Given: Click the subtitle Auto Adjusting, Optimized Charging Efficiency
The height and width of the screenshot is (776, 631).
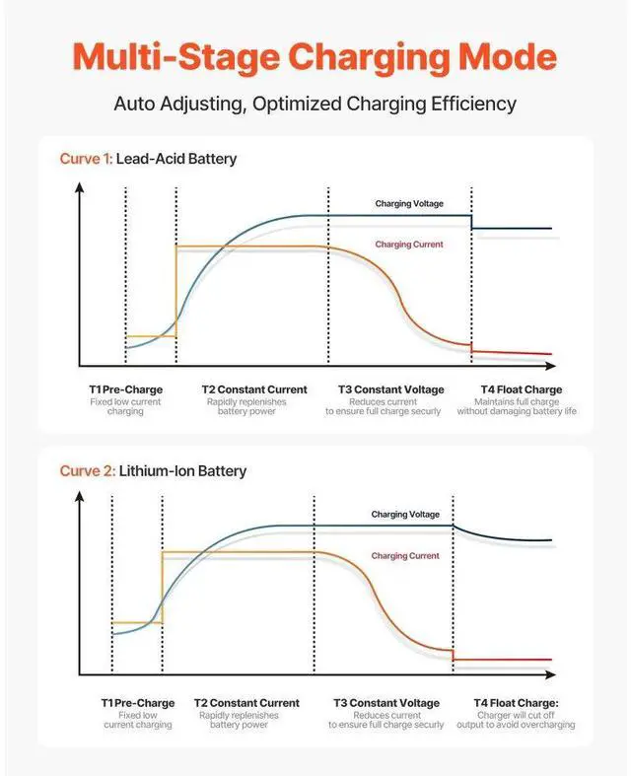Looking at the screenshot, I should tap(315, 103).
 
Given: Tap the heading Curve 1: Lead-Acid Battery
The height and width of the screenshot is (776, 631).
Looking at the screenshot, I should tap(149, 158).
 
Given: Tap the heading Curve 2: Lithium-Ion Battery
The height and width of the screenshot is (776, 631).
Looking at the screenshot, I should tap(153, 471).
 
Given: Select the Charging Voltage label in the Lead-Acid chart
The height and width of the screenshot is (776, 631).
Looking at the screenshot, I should tap(408, 204).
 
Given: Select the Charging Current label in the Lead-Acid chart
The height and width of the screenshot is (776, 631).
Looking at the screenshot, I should tap(408, 244).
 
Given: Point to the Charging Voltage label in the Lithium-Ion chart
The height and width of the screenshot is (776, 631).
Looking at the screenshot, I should tap(405, 515).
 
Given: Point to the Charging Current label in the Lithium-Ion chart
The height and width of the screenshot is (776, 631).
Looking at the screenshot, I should tap(405, 555).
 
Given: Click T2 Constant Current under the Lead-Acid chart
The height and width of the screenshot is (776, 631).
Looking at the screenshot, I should tap(254, 389).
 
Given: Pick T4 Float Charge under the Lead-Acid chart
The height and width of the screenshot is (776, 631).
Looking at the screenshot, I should tap(521, 389).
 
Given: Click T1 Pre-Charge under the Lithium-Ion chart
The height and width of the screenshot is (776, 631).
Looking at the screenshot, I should tap(137, 703).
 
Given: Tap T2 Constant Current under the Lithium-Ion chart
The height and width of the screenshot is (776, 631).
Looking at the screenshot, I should tap(246, 703).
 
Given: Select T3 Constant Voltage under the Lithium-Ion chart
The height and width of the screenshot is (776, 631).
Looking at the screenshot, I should tap(386, 703).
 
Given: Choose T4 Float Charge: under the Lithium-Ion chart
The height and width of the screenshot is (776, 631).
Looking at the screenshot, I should tap(522, 703).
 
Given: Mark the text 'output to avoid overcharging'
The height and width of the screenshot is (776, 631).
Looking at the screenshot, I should tap(522, 725).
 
